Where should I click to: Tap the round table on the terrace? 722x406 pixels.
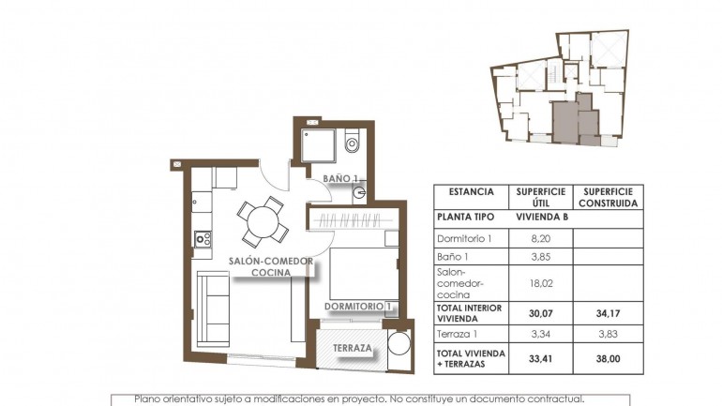point(399,343)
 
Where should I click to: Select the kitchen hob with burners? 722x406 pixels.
point(201,239)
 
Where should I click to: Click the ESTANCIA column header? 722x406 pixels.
point(471,191)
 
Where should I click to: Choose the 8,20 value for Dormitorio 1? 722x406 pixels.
point(539,239)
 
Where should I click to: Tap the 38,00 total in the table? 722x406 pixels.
point(609,356)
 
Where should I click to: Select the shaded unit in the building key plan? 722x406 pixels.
point(571,120)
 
